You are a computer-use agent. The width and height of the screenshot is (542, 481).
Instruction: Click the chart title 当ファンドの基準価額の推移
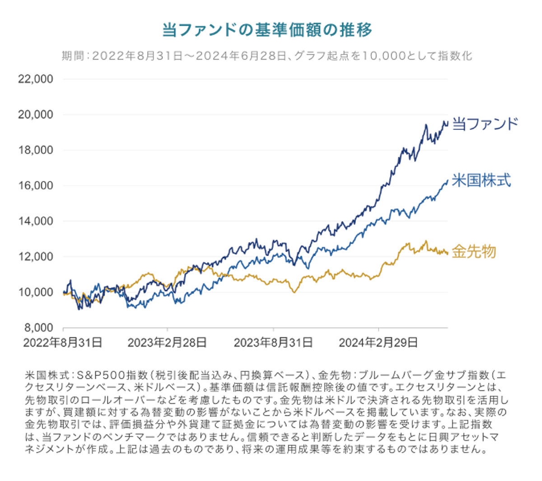click(x=267, y=30)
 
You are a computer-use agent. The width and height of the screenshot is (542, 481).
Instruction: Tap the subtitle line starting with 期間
click(x=267, y=56)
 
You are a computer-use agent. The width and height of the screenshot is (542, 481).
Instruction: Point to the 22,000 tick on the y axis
click(x=36, y=79)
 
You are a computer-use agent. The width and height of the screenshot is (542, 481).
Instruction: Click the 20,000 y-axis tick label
click(x=36, y=115)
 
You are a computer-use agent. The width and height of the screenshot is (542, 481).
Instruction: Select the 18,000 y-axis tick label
click(x=36, y=150)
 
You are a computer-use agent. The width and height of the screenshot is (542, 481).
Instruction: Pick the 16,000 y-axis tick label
click(x=36, y=186)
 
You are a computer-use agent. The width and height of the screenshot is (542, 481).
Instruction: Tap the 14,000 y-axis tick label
click(x=36, y=221)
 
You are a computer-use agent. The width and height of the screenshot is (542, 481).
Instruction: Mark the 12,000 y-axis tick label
click(x=36, y=257)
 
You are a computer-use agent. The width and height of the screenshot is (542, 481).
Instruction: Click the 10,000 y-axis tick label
click(x=36, y=292)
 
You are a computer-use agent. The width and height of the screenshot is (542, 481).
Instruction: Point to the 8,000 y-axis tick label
click(x=38, y=327)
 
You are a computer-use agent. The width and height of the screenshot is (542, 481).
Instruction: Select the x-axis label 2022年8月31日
click(x=63, y=343)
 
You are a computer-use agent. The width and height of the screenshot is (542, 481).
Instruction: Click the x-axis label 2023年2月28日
click(x=167, y=343)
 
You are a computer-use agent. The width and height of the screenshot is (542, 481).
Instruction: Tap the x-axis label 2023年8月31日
click(x=273, y=343)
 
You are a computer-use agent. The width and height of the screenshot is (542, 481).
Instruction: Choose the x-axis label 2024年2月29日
click(x=378, y=343)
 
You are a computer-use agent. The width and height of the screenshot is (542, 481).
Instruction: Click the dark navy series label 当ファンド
click(x=485, y=124)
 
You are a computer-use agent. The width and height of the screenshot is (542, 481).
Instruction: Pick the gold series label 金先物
click(x=474, y=252)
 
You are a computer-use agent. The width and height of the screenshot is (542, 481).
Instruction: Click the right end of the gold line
click(x=448, y=253)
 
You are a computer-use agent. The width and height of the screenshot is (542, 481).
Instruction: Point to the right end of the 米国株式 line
click(x=448, y=181)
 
